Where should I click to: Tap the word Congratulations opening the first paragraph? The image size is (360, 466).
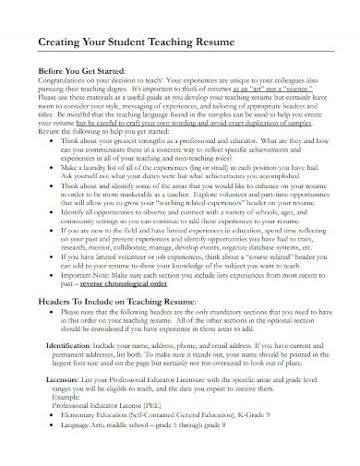pos(66,81)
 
